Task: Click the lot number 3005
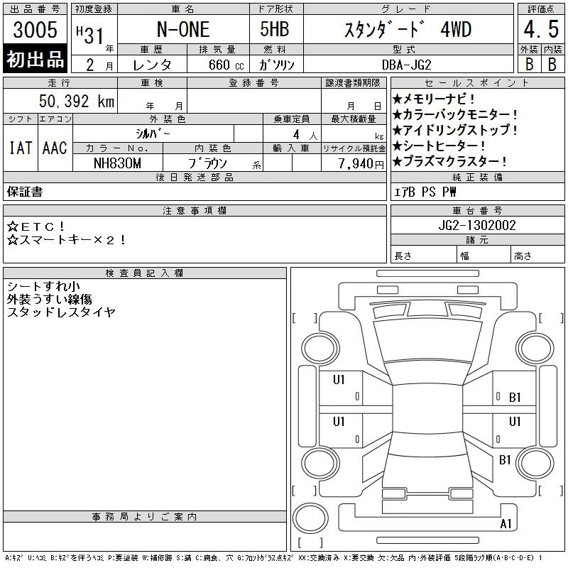tap(35, 30)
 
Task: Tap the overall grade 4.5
tap(541, 29)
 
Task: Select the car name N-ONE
tap(183, 30)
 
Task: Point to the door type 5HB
tap(275, 29)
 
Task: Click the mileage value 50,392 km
tap(77, 101)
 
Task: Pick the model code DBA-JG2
tap(407, 65)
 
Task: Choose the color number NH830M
tap(117, 163)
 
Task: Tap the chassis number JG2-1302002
tap(477, 225)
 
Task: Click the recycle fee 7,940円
tap(361, 164)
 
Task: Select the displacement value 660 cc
tap(226, 65)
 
